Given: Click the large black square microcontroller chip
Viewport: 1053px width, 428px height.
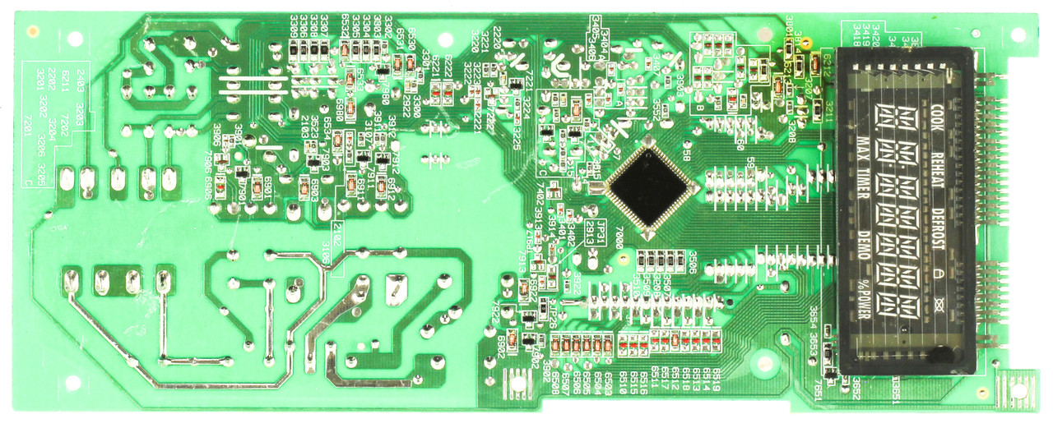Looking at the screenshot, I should (x=650, y=188).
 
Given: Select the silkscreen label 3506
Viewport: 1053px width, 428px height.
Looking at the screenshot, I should (x=693, y=259).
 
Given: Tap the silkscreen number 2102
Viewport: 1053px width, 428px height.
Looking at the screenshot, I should (x=335, y=230).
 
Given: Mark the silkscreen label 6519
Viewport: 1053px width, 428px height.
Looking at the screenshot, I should (x=717, y=380).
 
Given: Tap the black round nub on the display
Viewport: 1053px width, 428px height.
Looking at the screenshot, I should (x=939, y=354).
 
